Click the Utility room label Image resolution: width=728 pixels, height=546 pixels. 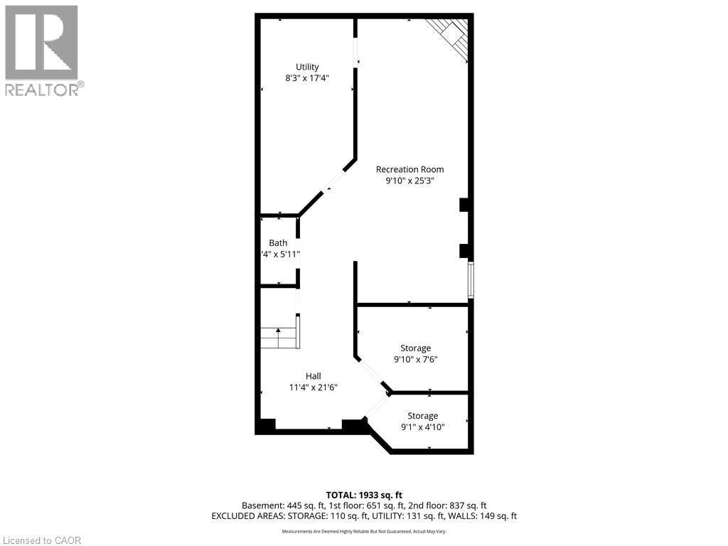coord(307,67)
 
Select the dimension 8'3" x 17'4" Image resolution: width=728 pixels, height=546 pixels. coord(307,78)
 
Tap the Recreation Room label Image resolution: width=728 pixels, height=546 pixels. coord(409,169)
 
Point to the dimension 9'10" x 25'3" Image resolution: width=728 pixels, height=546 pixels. coord(409,181)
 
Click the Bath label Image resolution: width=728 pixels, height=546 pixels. coord(278,243)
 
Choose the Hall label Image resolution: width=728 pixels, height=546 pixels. coord(313,376)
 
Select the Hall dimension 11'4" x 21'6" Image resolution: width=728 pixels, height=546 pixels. coord(313,387)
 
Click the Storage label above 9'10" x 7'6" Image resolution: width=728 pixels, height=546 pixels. coord(415,348)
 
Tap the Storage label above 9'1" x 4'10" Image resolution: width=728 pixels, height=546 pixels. coord(422,415)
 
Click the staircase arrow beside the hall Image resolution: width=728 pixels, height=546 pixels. coord(279,332)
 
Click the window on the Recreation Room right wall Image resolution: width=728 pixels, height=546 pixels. coord(470,280)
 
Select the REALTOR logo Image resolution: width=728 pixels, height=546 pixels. coord(42,50)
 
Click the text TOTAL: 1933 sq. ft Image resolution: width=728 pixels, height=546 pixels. coord(364,495)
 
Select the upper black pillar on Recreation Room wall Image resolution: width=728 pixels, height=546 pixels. coord(464,205)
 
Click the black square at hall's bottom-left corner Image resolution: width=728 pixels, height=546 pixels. coord(266,425)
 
